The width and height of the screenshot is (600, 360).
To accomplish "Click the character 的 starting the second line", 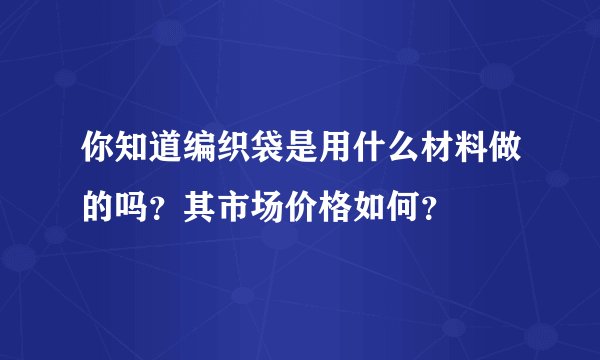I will pos(100,208).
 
